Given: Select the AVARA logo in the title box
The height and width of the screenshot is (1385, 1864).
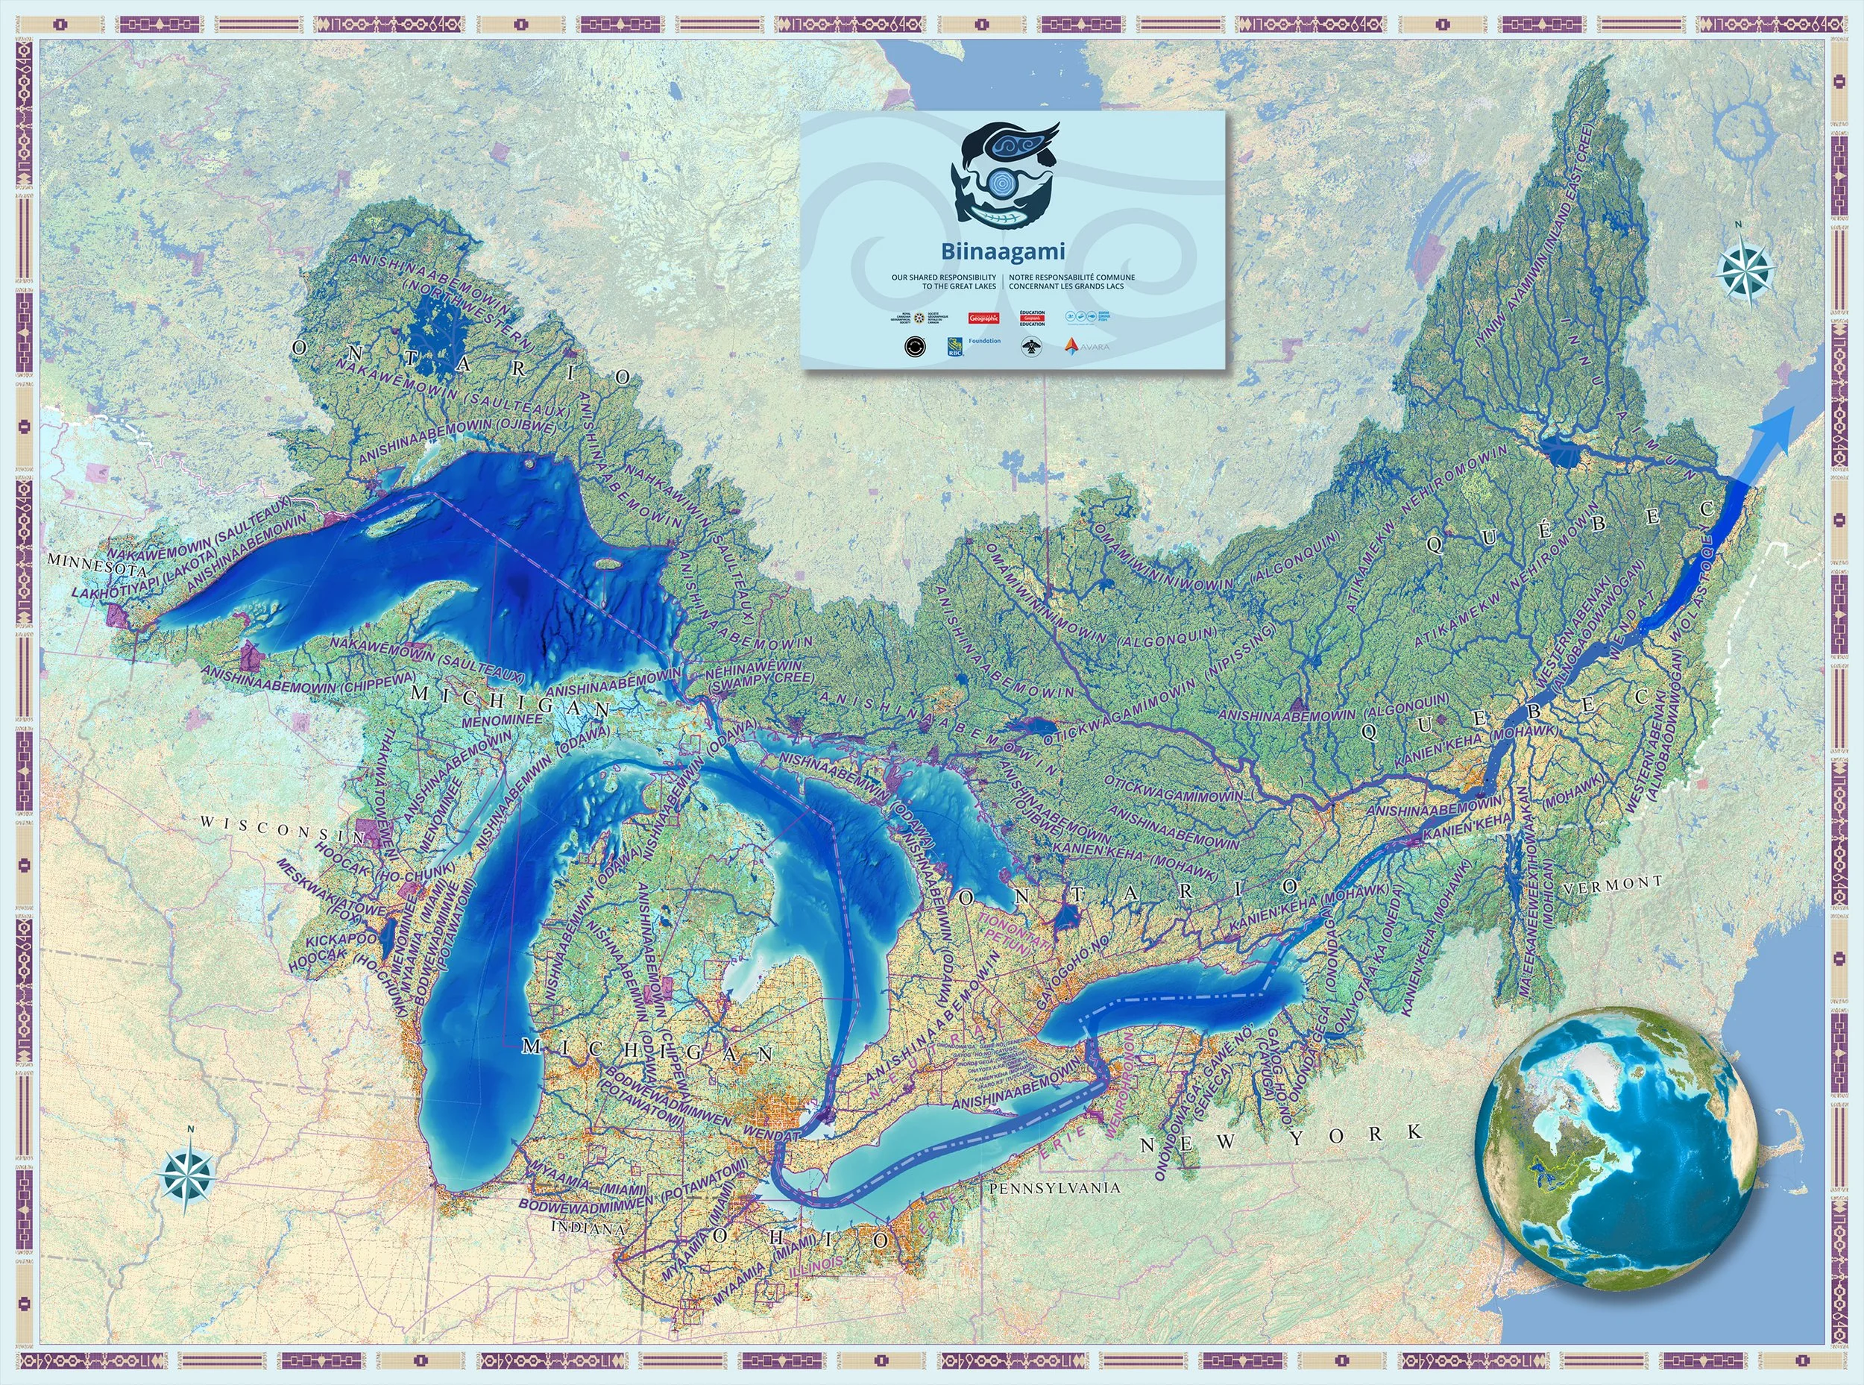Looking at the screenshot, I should coord(1087,345).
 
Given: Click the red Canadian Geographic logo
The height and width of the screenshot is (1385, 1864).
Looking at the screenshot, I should coord(983,318).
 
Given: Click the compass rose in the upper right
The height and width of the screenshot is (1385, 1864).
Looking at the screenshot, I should coord(1744,270).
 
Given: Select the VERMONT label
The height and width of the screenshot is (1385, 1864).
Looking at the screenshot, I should coord(1613,884).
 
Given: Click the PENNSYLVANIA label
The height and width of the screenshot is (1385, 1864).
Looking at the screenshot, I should coord(1054,1188).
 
